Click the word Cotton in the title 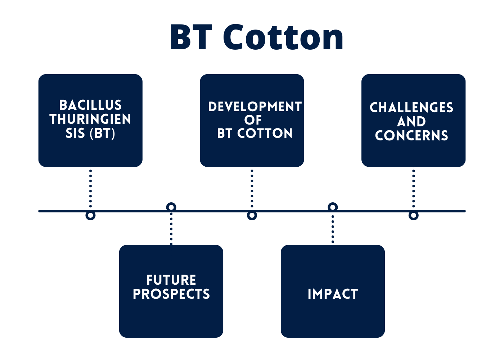(283, 37)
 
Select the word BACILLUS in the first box (90, 105)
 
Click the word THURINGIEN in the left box (90, 119)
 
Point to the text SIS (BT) (90, 133)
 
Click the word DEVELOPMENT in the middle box (255, 107)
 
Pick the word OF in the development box (253, 120)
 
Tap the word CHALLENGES (411, 108)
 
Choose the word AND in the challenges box (411, 122)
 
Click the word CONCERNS (411, 136)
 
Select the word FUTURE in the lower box (171, 280)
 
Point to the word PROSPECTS (171, 294)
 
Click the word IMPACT (333, 294)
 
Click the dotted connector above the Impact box (333, 229)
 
